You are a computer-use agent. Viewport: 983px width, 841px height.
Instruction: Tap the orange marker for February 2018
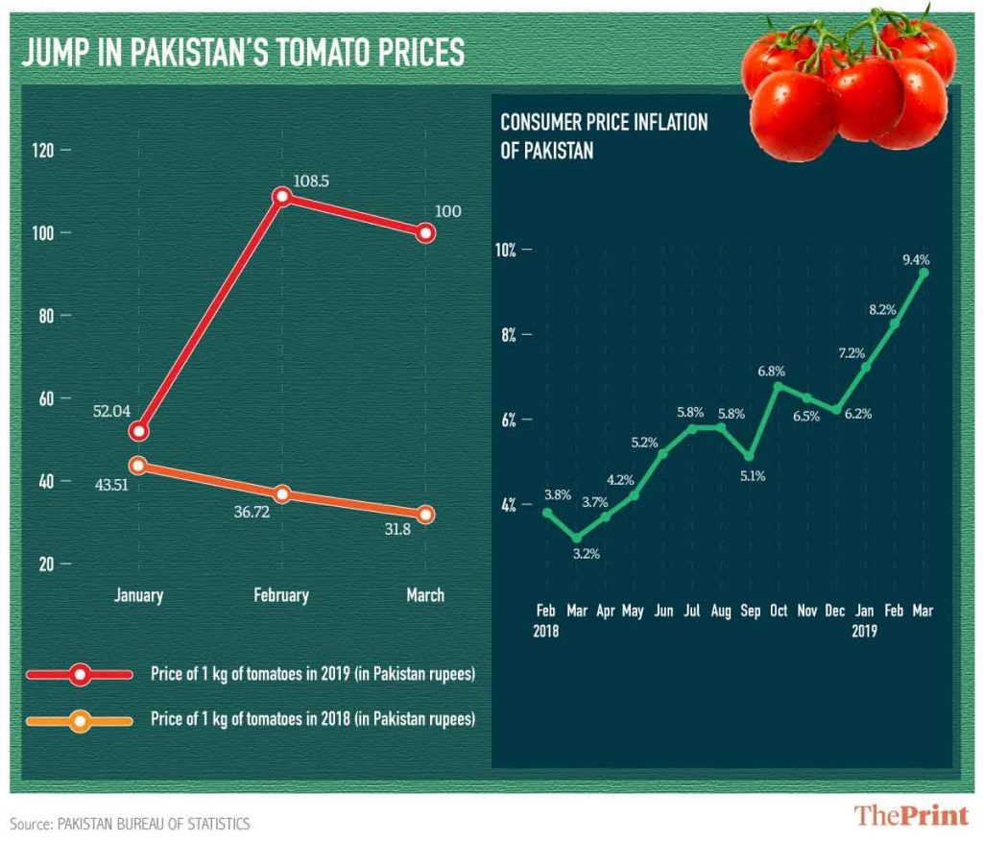281,494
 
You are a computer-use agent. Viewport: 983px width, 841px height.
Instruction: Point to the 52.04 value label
112,411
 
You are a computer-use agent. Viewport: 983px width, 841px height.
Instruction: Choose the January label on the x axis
138,595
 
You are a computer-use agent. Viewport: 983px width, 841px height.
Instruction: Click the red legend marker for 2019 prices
82,675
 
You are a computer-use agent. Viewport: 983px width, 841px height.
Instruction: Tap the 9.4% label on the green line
916,259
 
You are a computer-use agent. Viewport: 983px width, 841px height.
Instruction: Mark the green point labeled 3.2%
576,537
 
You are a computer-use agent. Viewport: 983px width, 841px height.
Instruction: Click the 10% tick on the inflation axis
506,250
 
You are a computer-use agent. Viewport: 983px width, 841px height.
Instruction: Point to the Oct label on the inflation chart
778,611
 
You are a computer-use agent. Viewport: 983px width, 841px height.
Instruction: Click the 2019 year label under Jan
865,632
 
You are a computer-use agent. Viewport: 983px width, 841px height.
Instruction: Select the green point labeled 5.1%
750,455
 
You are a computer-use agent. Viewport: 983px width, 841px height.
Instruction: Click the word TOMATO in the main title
330,53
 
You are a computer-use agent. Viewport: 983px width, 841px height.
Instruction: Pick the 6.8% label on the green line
772,371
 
